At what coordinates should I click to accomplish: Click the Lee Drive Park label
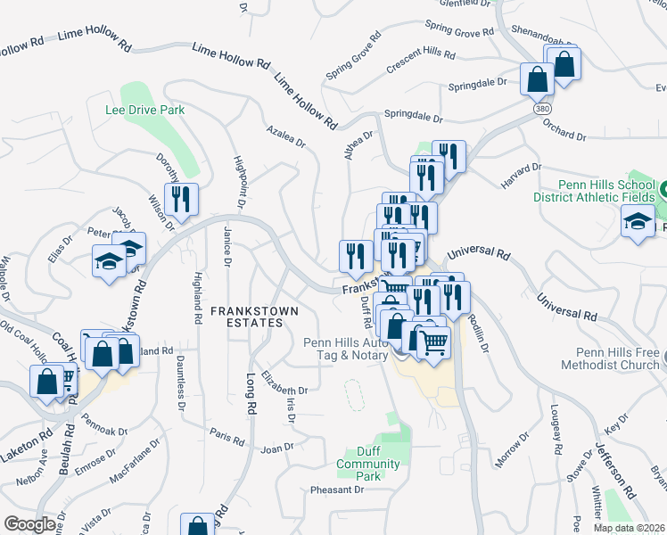[x=145, y=110]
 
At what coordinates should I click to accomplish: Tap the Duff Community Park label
[x=368, y=465]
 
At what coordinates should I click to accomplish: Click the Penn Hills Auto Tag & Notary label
[x=345, y=349]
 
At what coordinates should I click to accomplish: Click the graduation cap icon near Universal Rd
[x=638, y=220]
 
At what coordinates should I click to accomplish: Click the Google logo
[x=29, y=524]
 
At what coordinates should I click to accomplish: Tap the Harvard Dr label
[x=521, y=174]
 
